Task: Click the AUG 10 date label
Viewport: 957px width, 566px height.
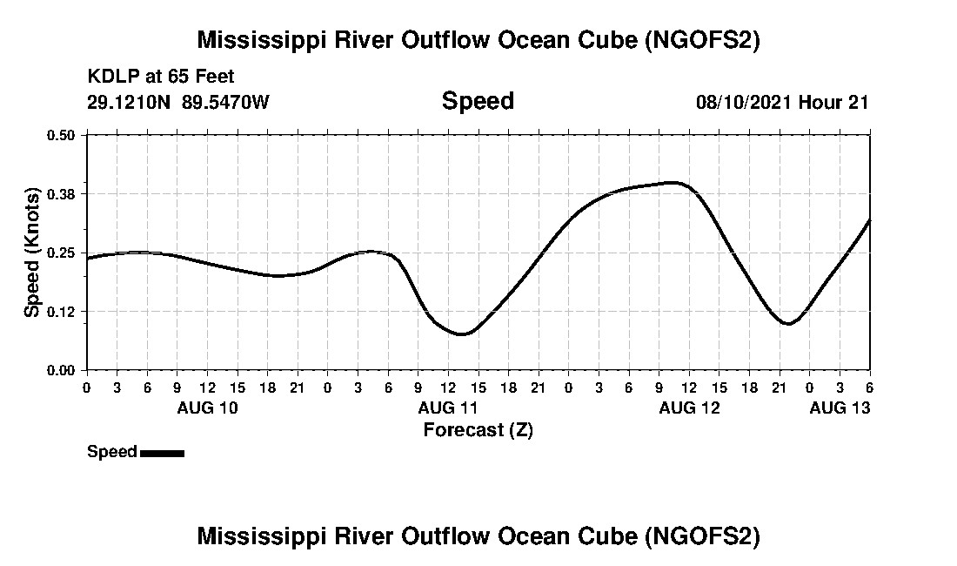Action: [207, 408]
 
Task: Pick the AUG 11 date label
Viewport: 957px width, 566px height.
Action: [448, 408]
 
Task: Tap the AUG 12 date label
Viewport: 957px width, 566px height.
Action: [689, 408]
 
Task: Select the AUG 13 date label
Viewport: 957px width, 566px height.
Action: [840, 408]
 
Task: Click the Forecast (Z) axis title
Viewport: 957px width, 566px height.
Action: [478, 429]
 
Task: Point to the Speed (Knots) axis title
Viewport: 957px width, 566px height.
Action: [32, 253]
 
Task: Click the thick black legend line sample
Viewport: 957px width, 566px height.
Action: [162, 453]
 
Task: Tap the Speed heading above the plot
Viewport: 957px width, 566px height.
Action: [478, 101]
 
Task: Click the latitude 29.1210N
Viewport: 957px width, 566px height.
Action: [130, 102]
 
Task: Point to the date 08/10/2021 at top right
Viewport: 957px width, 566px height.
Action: [743, 102]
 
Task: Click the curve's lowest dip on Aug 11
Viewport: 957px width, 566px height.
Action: [463, 334]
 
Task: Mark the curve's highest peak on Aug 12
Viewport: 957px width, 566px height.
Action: [671, 182]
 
